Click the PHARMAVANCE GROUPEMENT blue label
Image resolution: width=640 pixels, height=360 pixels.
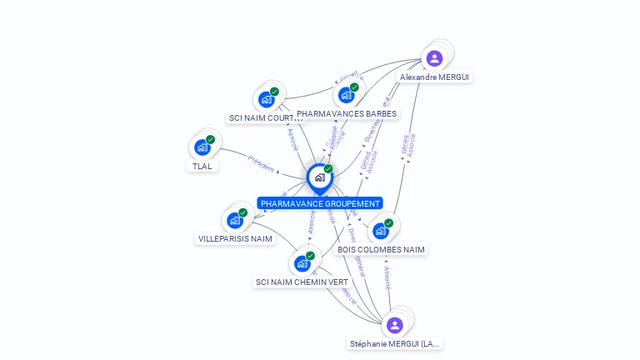pos(320,203)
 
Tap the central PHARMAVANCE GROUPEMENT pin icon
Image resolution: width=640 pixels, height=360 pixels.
pos(319,177)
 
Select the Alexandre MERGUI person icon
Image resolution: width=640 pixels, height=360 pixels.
pos(434,58)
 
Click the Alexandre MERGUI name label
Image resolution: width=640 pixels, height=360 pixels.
pos(434,77)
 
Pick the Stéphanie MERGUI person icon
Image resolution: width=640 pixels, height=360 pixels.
pos(395,325)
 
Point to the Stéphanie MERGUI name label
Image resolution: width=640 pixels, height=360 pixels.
pos(395,343)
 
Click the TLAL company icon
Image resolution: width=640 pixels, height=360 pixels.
pos(202,147)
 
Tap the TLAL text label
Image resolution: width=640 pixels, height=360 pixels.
pos(202,166)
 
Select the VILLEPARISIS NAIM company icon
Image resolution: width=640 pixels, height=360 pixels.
pos(234,221)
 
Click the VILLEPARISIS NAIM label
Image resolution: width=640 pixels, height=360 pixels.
pos(235,239)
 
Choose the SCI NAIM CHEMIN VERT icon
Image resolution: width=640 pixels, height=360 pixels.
pos(302,263)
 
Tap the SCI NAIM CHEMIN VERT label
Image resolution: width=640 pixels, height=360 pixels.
pos(302,282)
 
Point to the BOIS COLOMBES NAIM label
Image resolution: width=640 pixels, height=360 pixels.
pos(381,249)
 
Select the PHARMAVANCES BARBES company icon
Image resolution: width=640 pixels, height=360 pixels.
pos(346,95)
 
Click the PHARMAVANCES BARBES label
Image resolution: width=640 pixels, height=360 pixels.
pos(347,113)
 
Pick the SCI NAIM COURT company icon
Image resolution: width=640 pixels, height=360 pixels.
pos(266,100)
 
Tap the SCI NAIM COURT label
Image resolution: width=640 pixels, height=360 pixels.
pos(266,118)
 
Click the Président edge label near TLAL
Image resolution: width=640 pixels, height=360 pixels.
pos(261,164)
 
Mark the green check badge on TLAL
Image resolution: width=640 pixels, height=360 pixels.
pos(211,139)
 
